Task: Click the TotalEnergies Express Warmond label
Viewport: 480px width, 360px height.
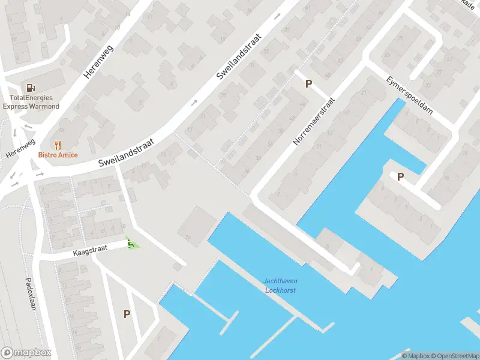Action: coord(31,102)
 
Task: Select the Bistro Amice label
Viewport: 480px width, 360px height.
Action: coord(58,155)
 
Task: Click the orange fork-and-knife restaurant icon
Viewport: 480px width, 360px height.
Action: coord(58,145)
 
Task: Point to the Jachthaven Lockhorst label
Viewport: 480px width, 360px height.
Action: coord(280,286)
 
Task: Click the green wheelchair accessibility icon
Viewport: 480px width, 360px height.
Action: coord(131,244)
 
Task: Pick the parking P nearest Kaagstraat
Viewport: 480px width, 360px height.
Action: coord(127,314)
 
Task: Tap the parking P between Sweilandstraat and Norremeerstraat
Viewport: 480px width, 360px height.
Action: coord(308,84)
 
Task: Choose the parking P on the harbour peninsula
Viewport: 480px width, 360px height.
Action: coord(400,176)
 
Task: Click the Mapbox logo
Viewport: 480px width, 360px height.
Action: coord(26,352)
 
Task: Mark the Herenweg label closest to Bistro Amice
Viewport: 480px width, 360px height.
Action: coord(20,149)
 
